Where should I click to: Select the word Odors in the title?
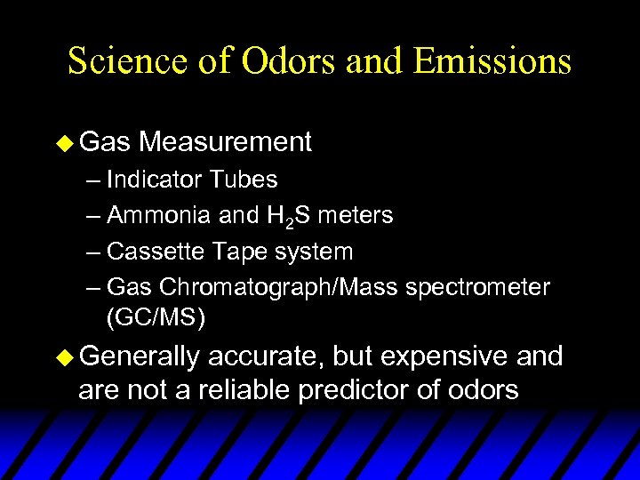coord(272,60)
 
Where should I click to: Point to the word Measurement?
coord(225,141)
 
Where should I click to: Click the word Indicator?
coord(154,180)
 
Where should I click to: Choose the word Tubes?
coord(244,180)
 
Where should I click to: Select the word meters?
coord(356,215)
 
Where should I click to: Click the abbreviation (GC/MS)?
coord(156,317)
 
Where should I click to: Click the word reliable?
coord(253,390)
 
